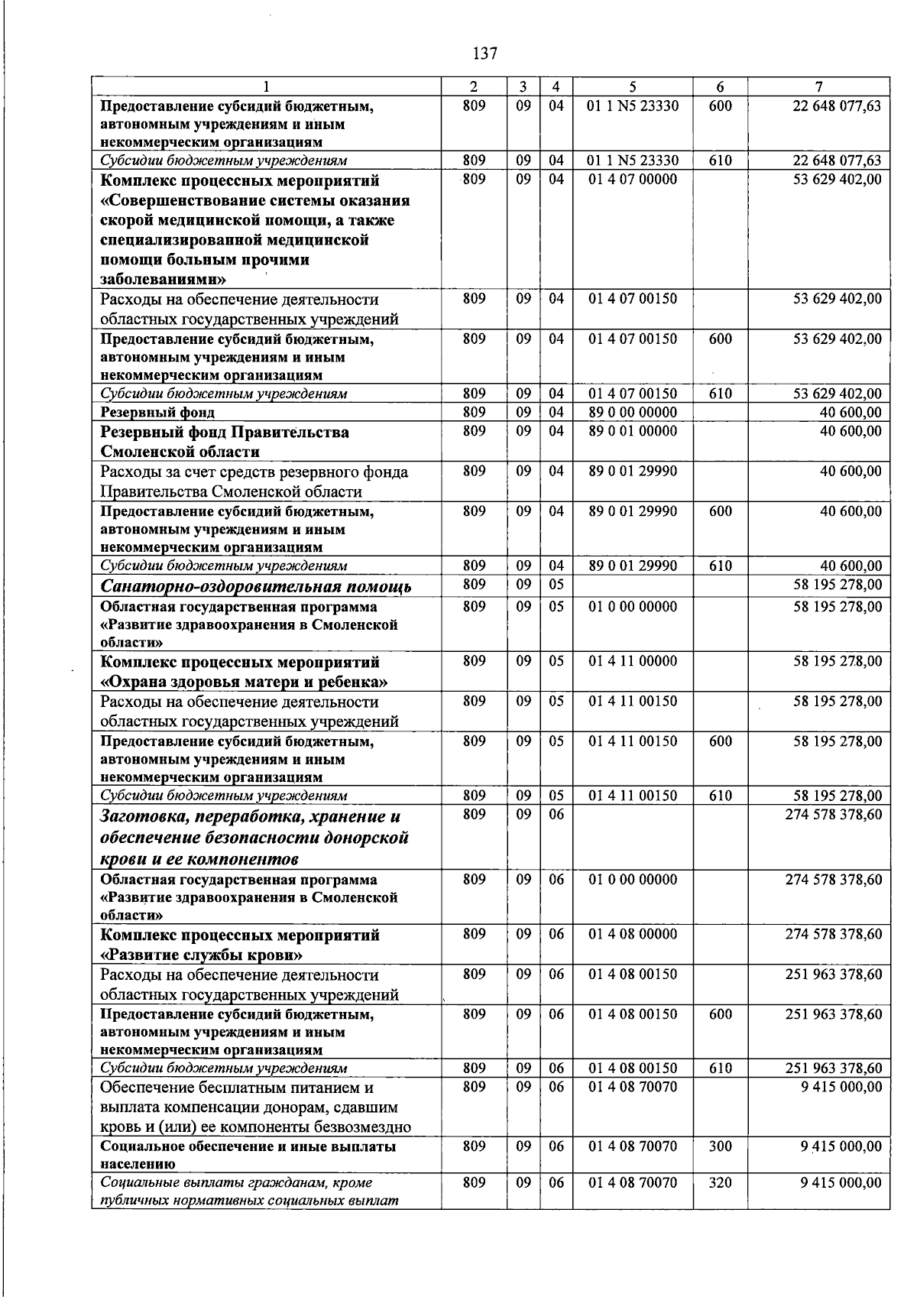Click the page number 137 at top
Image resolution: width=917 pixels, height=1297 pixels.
point(485,54)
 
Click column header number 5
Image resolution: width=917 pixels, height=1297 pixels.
point(633,87)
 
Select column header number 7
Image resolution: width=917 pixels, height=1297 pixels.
point(818,87)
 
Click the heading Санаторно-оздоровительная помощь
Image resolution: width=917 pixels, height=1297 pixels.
point(256,587)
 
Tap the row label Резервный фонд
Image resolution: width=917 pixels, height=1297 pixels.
point(158,413)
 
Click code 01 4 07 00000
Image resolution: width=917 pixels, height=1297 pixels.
point(633,179)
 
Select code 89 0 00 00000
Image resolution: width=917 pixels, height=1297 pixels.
point(633,413)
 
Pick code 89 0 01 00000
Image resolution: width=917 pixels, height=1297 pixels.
point(633,431)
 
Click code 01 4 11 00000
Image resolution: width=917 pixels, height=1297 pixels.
point(633,661)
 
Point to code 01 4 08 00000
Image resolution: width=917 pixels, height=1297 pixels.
point(633,935)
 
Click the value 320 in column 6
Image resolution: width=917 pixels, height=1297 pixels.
point(720,1182)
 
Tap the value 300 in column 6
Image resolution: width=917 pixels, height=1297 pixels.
point(720,1146)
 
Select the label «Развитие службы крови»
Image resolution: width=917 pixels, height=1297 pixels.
point(202,955)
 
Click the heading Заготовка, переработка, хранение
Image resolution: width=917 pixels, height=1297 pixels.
point(251,816)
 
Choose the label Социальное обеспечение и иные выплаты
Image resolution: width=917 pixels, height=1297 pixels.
point(248,1146)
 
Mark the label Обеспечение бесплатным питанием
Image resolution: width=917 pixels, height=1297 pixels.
point(237,1088)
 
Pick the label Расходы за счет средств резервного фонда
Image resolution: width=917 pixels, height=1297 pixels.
point(254,472)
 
